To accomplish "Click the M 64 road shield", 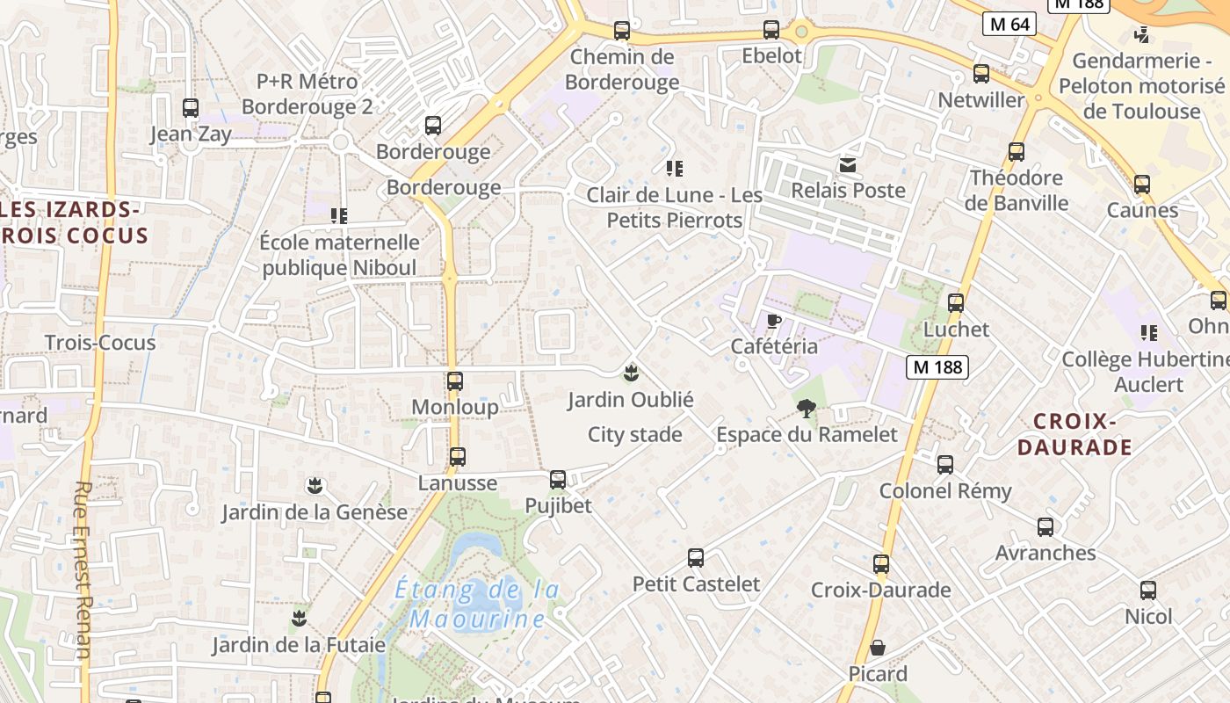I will [1009, 24].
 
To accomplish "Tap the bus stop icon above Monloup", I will [455, 381].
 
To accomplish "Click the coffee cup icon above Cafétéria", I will [773, 322].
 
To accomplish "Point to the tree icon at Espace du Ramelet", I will [806, 408].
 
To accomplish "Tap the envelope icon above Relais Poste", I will [848, 165].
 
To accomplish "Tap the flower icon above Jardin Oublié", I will [630, 373].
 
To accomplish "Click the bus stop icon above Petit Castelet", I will [696, 557].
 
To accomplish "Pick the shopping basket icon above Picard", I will [877, 649].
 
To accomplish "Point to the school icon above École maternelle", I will [338, 215].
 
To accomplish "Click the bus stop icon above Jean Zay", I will [191, 108].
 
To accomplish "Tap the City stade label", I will [634, 435].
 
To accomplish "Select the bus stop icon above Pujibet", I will [558, 480].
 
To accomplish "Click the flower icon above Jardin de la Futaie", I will [299, 618].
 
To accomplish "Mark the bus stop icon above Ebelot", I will [771, 30].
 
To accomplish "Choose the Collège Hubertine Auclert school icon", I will [1148, 333].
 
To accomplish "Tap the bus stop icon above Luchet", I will [956, 303].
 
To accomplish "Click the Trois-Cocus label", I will [100, 343].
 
